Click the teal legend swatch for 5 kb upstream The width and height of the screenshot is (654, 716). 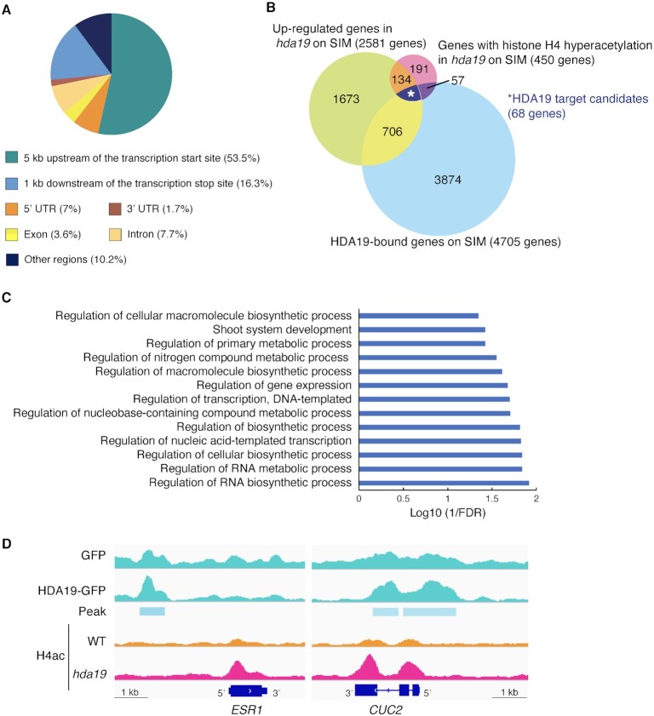click(x=13, y=158)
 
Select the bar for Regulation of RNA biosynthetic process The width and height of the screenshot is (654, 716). click(x=444, y=482)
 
